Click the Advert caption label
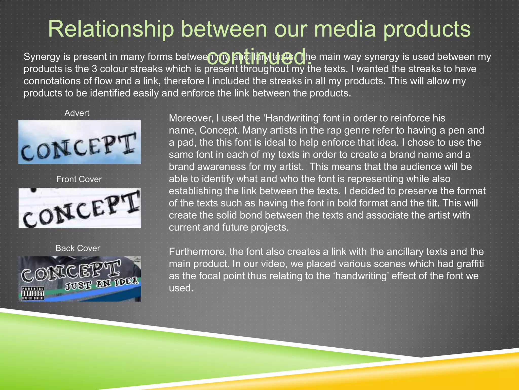click(x=77, y=113)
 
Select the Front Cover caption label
click(x=79, y=179)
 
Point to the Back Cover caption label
click(x=78, y=248)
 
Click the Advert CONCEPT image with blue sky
click(x=80, y=142)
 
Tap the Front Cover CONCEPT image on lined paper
click(x=80, y=208)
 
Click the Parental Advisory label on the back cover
click(x=33, y=294)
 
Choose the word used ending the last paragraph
click(x=181, y=288)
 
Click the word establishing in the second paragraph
click(x=195, y=191)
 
